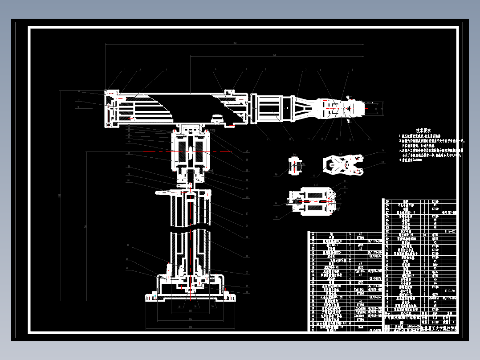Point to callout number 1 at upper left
pyautogui.click(x=125, y=70)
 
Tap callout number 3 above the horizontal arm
pyautogui.click(x=167, y=70)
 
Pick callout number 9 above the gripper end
pyautogui.click(x=352, y=70)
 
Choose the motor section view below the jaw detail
pyautogui.click(x=312, y=201)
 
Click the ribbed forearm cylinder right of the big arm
pyautogui.click(x=272, y=108)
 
